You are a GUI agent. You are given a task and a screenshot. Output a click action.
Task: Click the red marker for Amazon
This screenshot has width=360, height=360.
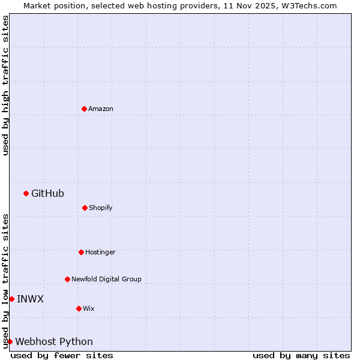point(84,109)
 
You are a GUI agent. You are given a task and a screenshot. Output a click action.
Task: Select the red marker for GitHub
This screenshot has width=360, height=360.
point(26,193)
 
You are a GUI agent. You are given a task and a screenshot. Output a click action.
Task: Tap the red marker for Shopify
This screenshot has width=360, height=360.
point(85,208)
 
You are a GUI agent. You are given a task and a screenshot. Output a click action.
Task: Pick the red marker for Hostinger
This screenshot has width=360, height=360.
point(81,252)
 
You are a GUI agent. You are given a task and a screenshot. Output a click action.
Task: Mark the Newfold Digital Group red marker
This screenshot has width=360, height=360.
point(67,279)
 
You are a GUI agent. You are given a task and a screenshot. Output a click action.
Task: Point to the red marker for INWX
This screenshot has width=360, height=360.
point(11,299)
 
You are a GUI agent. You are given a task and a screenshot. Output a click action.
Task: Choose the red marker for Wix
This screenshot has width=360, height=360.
point(79,308)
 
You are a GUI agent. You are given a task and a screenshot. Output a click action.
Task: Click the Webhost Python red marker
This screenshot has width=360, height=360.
point(10,341)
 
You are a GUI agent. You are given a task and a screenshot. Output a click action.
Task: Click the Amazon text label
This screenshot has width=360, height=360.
point(101,109)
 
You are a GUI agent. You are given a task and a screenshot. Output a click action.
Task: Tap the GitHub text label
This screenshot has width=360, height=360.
point(47,193)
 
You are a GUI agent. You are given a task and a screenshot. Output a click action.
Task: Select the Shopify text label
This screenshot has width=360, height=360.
point(101,208)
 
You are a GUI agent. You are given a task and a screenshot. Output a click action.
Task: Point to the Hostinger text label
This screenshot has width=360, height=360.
point(100,252)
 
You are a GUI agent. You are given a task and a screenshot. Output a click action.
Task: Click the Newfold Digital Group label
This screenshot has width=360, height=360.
point(106,279)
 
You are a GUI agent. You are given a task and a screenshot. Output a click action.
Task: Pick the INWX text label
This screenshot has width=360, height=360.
point(30,299)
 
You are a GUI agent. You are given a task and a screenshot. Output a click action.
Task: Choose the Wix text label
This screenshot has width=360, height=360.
point(89,308)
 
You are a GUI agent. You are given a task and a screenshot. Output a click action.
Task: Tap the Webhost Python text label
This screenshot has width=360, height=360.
point(54,341)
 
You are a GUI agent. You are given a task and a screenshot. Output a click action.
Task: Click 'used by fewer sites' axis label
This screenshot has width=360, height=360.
point(62,355)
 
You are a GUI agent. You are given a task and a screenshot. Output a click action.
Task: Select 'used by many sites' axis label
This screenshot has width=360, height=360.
point(301,355)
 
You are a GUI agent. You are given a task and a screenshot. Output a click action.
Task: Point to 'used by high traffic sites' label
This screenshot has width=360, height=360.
point(5,85)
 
